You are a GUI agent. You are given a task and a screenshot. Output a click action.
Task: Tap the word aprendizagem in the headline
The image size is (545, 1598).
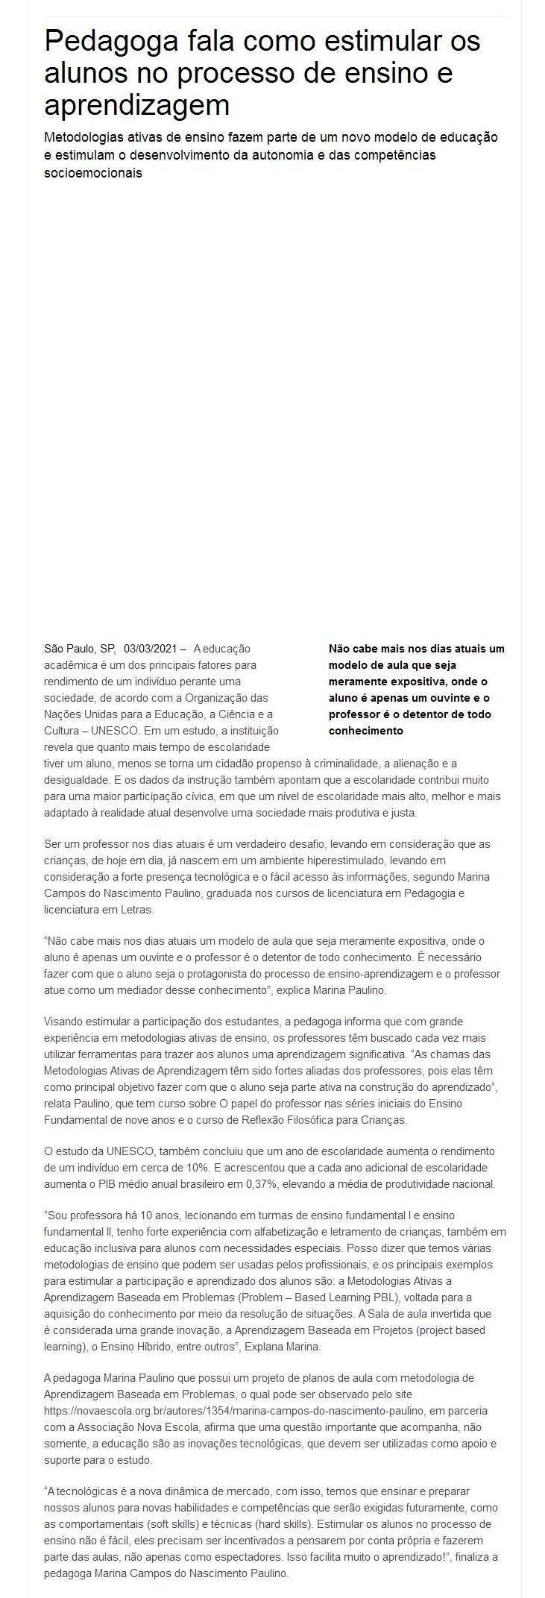pos(137,104)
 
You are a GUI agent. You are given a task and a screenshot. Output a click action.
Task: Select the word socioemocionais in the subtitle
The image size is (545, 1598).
pos(93,173)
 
